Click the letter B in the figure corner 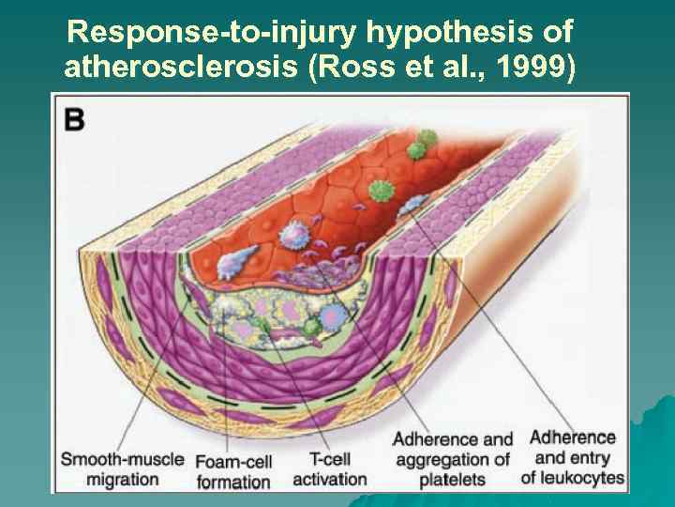tap(72, 119)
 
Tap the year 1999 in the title tap(544, 68)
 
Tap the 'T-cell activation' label tap(329, 469)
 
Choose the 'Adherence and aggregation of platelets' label tap(453, 459)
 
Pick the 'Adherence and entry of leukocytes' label tap(573, 457)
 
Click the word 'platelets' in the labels tap(454, 480)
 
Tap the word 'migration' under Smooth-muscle tap(122, 479)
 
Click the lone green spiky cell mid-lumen tap(380, 191)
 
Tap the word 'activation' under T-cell tap(329, 479)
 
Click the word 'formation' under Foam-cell tap(234, 481)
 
